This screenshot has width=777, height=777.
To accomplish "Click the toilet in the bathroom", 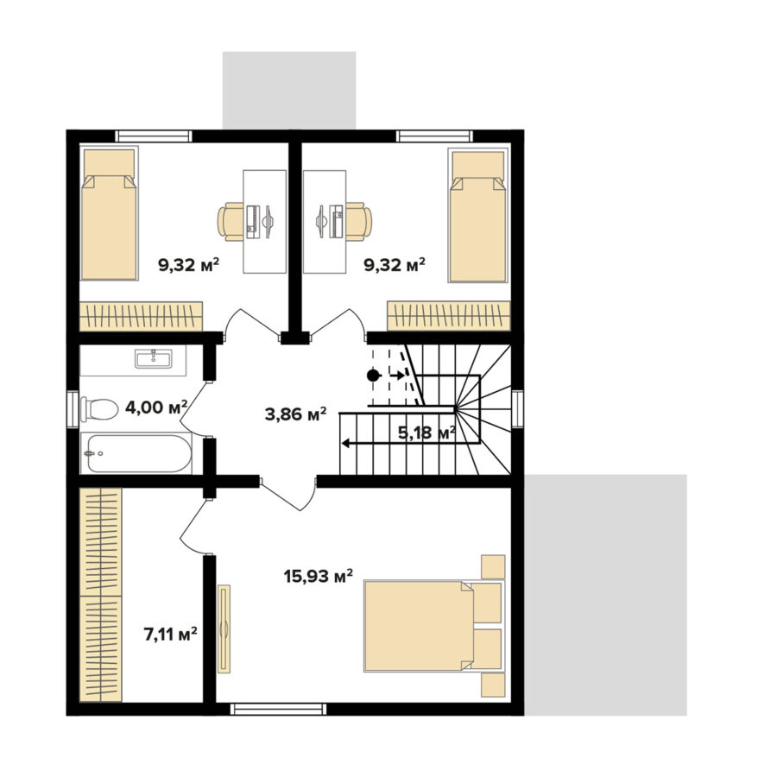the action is tap(99, 409).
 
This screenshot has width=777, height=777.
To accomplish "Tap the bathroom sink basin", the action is tap(154, 358).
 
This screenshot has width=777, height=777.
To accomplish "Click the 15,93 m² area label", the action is tap(318, 577).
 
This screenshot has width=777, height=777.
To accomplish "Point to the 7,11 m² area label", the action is tap(171, 635).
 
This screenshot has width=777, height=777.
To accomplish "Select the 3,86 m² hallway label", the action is tap(296, 414).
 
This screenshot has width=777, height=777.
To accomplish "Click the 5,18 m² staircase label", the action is tap(426, 433).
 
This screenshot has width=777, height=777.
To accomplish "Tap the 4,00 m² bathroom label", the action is tap(156, 407).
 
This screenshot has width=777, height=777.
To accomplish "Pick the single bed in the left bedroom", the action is tap(109, 214).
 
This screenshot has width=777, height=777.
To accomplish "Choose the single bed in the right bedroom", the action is tap(478, 216).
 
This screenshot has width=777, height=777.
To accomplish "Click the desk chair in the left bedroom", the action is tap(231, 222).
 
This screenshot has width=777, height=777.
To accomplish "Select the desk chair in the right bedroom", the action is tap(359, 222).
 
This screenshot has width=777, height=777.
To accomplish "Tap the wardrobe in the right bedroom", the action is tap(448, 316).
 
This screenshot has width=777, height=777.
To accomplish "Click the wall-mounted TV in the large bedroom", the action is tap(224, 629).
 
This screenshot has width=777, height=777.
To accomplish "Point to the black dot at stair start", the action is tap(373, 376).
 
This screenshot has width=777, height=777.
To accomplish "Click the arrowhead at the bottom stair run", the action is tap(344, 443).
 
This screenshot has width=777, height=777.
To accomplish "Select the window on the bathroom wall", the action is tap(73, 407).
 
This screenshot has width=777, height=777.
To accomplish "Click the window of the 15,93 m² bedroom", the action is tap(280, 709).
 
